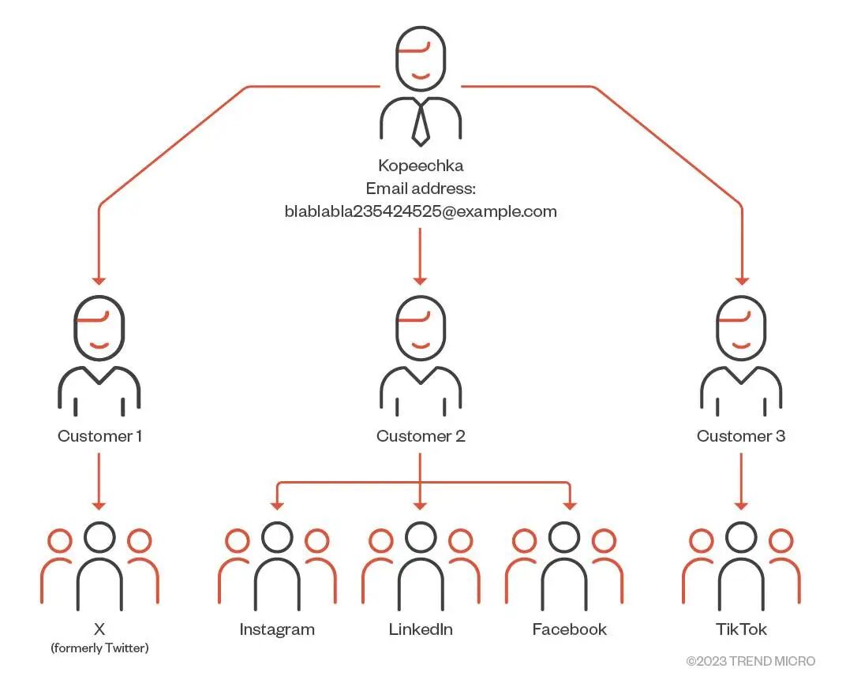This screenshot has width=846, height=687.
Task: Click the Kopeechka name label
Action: coord(421,166)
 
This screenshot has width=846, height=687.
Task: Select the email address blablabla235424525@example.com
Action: coord(421,211)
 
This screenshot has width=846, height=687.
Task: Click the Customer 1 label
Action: coord(99,435)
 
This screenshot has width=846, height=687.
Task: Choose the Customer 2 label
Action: coord(421,435)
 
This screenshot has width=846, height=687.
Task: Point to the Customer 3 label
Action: coord(741,435)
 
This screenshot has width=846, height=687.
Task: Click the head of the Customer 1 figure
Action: coord(99,327)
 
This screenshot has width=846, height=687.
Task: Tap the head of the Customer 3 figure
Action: coord(741,327)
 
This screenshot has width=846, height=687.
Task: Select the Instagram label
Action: coord(277,629)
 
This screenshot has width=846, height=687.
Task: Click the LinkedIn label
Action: coord(421,629)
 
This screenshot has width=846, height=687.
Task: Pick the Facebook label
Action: coord(569,629)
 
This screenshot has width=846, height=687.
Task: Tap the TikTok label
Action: coord(741,629)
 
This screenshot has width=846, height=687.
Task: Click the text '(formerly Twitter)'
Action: coord(99,648)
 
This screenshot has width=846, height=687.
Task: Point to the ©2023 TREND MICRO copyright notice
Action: coord(751,661)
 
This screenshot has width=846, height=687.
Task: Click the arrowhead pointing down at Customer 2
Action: coord(421,278)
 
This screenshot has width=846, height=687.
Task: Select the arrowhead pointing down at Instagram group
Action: coord(277,504)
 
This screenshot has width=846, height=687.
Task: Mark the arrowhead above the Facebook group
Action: coord(569,504)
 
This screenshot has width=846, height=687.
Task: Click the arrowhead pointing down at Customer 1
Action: coord(99,278)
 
